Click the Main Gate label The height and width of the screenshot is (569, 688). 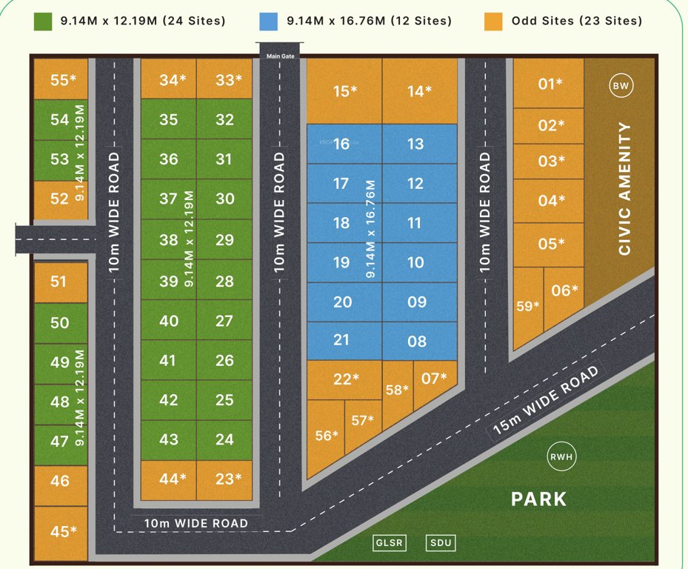[x=281, y=56]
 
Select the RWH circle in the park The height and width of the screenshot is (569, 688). [x=561, y=456]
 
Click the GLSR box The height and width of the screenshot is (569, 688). [x=389, y=543]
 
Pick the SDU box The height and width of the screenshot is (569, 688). [x=441, y=543]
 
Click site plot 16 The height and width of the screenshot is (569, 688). [x=341, y=144]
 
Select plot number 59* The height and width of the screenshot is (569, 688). [x=528, y=305]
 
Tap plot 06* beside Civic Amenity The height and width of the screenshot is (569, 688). [x=564, y=290]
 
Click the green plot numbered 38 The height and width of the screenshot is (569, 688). [x=168, y=239]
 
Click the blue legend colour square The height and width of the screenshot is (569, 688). [x=268, y=21]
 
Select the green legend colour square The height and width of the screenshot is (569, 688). [x=42, y=21]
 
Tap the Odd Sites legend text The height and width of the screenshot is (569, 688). [x=577, y=21]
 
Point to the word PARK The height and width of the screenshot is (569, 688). [x=538, y=499]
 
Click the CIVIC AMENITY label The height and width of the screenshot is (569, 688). [x=624, y=189]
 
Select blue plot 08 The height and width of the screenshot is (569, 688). [x=417, y=342]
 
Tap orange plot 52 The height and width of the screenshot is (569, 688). [x=60, y=199]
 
